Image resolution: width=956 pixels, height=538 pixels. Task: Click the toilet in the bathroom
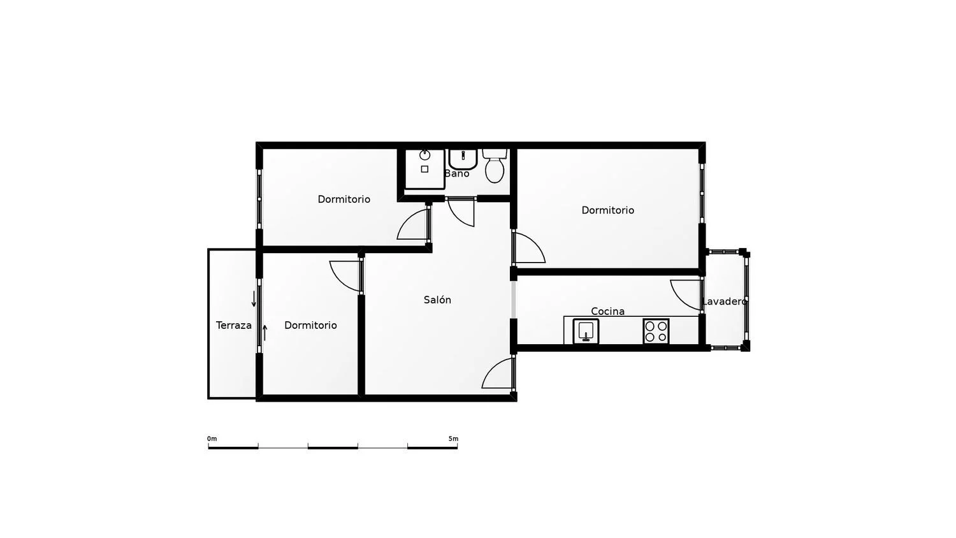coord(495,166)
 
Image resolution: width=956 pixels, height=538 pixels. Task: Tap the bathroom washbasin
coord(463,159)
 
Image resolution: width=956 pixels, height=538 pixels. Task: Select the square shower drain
coord(424,169)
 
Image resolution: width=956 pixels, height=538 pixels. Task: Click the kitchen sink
coord(586,331)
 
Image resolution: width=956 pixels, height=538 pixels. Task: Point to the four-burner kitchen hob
coord(656,331)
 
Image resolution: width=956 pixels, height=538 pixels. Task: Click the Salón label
coord(437,300)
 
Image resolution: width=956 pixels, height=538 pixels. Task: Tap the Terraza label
coord(234,325)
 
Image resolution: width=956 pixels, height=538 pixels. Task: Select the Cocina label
coord(608,311)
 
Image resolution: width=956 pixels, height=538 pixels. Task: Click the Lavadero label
coord(725,302)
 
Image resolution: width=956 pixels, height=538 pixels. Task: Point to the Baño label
coord(457,173)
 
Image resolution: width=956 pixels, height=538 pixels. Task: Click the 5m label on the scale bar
coord(453,439)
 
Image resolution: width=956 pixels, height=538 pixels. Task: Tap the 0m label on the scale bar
coord(212,439)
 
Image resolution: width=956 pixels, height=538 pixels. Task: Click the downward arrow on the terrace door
coord(254,299)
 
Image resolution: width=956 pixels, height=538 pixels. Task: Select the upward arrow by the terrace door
coord(265,333)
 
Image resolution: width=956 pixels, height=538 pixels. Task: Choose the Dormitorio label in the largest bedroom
coord(608,210)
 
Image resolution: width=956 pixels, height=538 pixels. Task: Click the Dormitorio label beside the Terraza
coord(311,325)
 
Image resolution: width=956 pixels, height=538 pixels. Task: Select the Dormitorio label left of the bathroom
coord(344,199)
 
